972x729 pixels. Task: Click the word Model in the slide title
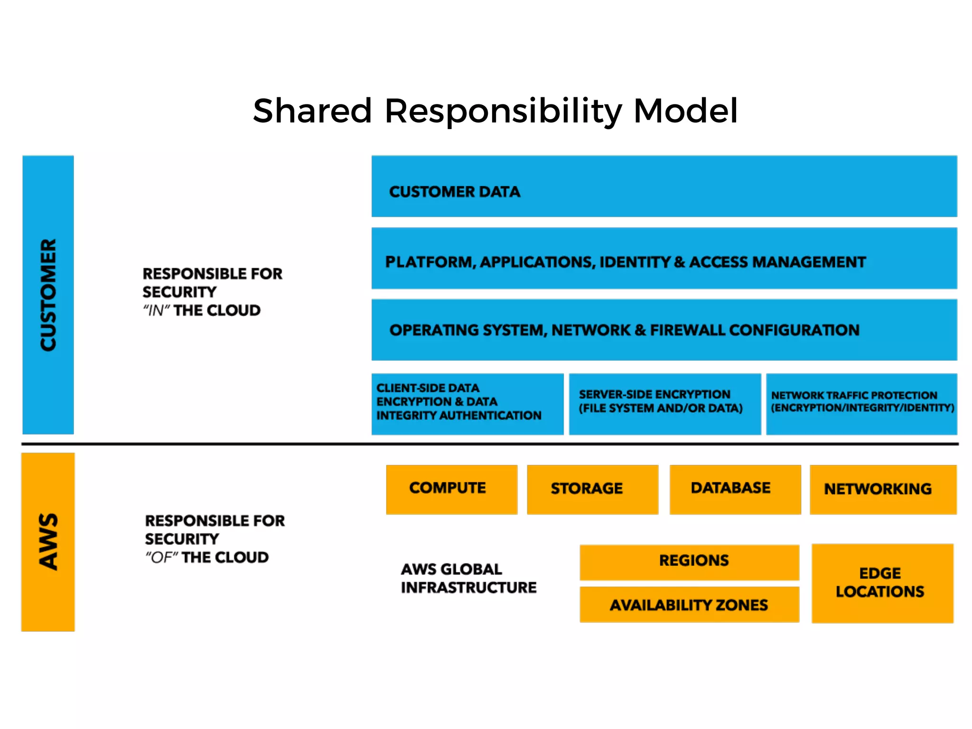[685, 111]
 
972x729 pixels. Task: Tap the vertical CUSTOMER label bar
[48, 295]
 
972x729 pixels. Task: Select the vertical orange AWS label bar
[48, 542]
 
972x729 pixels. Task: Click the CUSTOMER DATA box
[664, 186]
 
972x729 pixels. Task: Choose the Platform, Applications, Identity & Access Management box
[664, 258]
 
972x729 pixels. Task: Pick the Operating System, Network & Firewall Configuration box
[664, 330]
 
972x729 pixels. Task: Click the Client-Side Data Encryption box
[467, 404]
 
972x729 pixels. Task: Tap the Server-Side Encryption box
[664, 404]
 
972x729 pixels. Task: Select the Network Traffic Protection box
[861, 404]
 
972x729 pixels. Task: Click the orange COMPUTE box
[451, 489]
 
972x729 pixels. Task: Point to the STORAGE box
[592, 489]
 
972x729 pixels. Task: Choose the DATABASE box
[735, 489]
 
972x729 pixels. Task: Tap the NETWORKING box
[883, 489]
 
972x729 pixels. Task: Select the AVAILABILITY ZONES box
[689, 605]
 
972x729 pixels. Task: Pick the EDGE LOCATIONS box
[882, 583]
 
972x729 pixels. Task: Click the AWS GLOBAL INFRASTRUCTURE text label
[468, 578]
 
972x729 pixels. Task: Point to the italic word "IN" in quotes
[156, 310]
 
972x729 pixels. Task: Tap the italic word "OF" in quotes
[161, 557]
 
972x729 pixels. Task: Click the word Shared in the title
[312, 111]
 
